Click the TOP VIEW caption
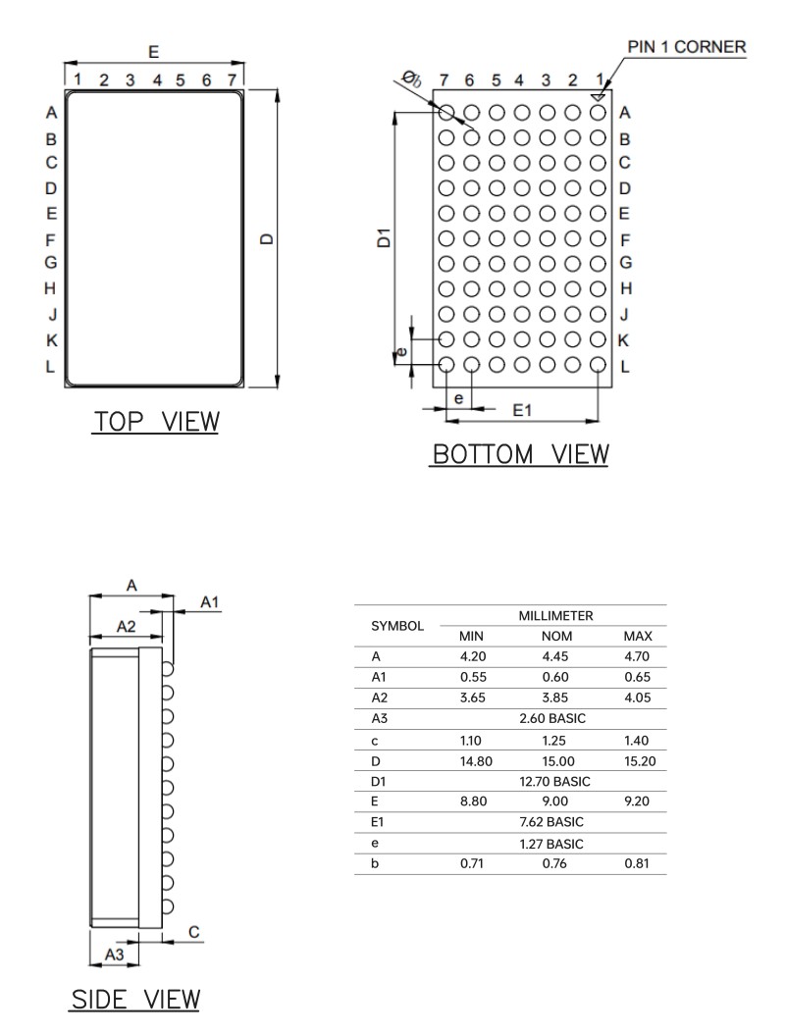(x=156, y=422)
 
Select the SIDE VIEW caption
(x=135, y=1000)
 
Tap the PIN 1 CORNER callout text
(x=686, y=47)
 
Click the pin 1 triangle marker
(x=598, y=97)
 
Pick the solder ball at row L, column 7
(x=446, y=365)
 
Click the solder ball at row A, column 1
(x=598, y=113)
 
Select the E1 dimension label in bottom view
(x=522, y=410)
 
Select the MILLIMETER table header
(x=553, y=615)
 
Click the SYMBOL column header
(x=397, y=625)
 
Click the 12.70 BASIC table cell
(x=553, y=782)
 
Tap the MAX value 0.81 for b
(x=638, y=863)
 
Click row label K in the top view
(x=52, y=340)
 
